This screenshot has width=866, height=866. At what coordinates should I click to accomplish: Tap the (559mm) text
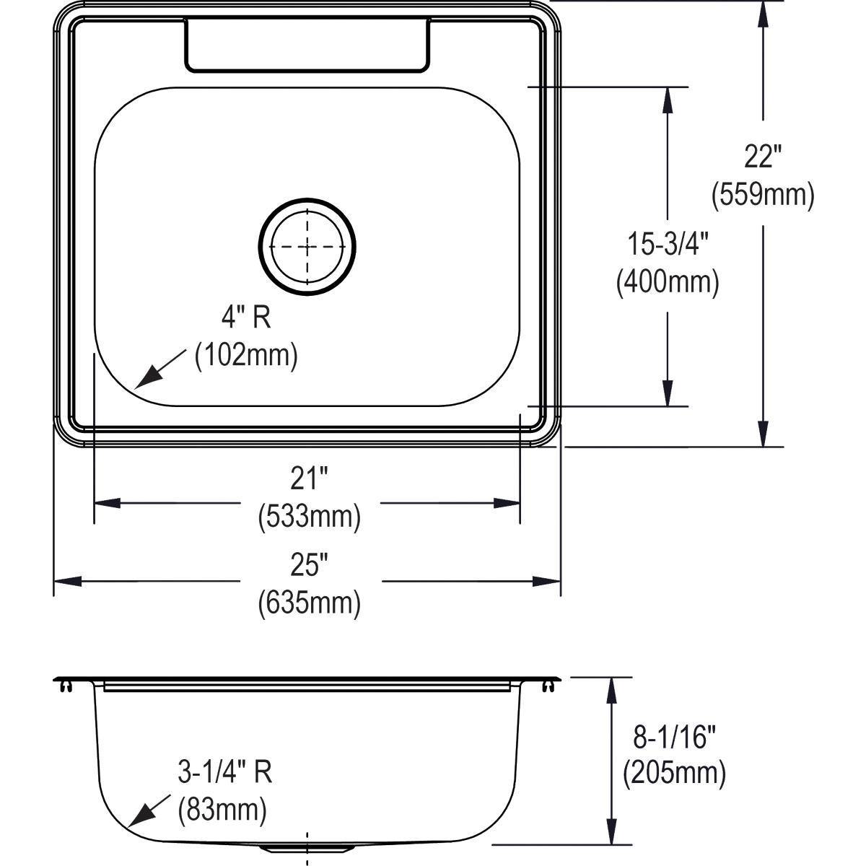(763, 195)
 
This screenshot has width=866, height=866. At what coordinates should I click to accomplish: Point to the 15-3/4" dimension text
(668, 245)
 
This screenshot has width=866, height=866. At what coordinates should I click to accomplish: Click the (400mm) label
(668, 281)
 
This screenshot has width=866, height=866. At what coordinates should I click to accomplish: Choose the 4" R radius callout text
(246, 318)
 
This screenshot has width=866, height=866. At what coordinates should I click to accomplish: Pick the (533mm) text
(309, 516)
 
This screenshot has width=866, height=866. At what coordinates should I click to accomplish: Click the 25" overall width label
(309, 566)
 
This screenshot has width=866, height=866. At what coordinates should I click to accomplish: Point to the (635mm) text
(309, 603)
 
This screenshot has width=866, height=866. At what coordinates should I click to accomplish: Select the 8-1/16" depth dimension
(674, 738)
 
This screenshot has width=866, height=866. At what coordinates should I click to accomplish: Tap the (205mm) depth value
(674, 774)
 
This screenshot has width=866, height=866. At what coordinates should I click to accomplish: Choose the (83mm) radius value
(222, 810)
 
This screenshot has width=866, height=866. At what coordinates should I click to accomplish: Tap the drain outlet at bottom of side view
(308, 847)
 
